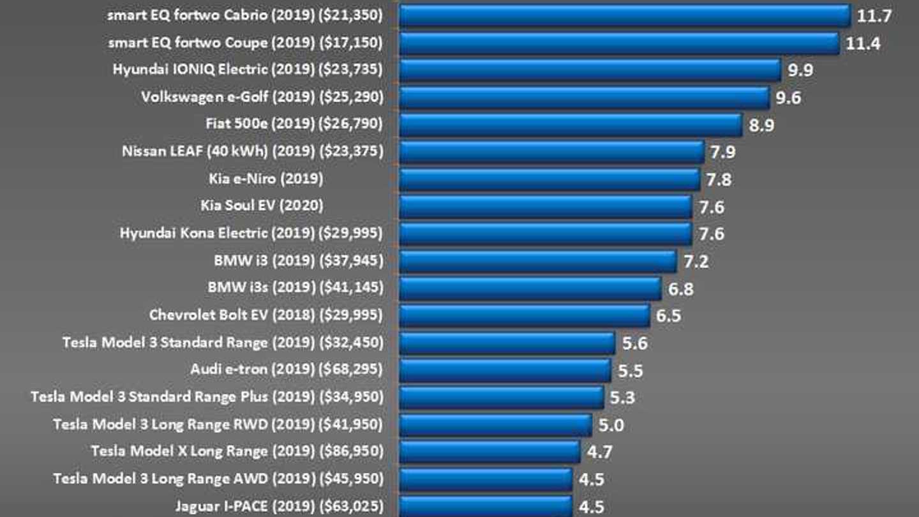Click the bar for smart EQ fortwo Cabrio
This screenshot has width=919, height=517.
(624, 16)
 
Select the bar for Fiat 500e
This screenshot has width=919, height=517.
(570, 124)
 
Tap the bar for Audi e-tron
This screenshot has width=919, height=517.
(505, 370)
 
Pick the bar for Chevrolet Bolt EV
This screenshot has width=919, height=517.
(524, 315)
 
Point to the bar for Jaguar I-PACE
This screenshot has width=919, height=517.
(485, 507)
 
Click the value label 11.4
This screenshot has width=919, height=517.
(863, 43)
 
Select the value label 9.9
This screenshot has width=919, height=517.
(800, 70)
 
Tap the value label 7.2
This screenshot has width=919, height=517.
(695, 261)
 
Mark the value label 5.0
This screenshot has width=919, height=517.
(611, 425)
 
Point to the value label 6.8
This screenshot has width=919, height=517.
(680, 288)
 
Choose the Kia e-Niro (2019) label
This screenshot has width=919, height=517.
(265, 179)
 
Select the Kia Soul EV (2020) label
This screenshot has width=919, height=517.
(262, 206)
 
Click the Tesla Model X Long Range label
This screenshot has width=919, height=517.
(179, 452)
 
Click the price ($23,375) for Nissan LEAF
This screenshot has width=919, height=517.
(351, 152)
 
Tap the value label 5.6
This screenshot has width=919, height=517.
(634, 343)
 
